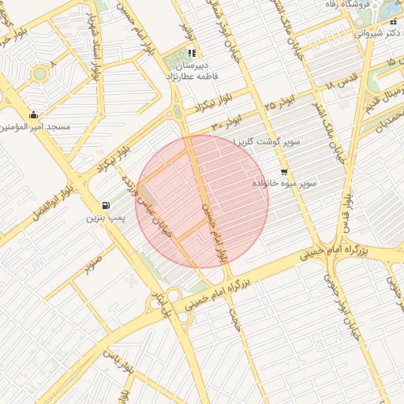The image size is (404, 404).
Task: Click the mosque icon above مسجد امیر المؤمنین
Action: click(32, 115)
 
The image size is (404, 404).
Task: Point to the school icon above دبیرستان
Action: click(192, 54)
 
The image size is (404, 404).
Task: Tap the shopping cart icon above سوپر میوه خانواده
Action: click(283, 171)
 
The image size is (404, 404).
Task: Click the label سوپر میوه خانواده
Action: click(284, 183)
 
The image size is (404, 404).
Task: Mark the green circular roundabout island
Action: click(39, 74)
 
